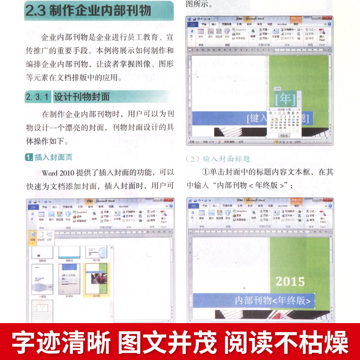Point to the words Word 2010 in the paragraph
pos(61,172)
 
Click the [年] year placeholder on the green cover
pos(285,98)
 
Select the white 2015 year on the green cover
pos(290,282)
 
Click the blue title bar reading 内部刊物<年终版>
pos(255,301)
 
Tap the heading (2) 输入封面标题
pos(218,158)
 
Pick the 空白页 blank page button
pos(41,237)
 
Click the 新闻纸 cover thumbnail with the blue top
pos(69,279)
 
